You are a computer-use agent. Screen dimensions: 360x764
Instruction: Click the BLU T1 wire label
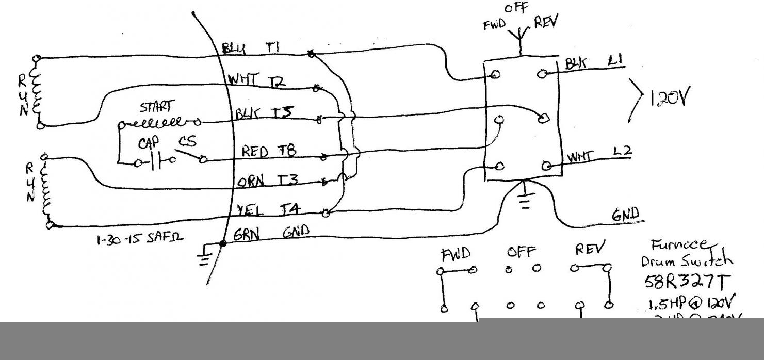tap(251, 48)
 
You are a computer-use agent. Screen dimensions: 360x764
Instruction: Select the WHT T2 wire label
tap(256, 81)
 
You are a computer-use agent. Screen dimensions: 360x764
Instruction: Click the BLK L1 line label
tap(593, 63)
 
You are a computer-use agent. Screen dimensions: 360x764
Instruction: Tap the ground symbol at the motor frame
tap(205, 256)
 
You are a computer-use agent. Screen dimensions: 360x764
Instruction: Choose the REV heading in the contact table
tap(591, 250)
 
